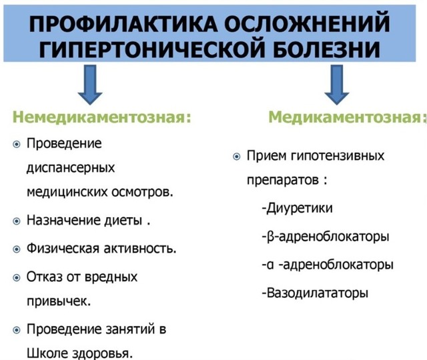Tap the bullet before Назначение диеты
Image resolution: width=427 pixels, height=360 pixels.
(x=17, y=219)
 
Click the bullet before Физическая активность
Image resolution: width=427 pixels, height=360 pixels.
(x=17, y=249)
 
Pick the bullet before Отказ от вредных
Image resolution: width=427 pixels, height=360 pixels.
(x=17, y=276)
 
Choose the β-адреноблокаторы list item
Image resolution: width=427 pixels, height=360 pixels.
(x=326, y=237)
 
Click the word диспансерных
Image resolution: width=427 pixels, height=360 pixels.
(x=71, y=167)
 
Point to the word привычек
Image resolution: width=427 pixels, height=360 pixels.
(x=59, y=301)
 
